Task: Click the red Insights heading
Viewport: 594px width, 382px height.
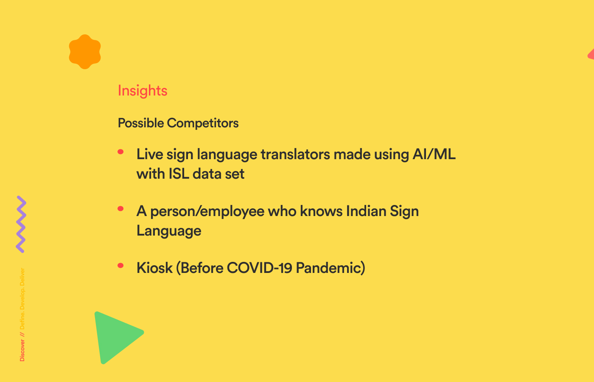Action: (143, 91)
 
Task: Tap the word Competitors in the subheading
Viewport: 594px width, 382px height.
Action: (203, 123)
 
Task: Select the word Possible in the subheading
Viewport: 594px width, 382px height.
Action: (141, 123)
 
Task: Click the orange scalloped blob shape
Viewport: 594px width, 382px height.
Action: (85, 52)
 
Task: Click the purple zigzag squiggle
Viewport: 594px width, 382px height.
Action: (21, 224)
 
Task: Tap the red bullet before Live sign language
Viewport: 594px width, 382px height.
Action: (120, 152)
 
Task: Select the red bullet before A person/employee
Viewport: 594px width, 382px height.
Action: (120, 208)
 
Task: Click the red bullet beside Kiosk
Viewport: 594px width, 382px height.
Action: (120, 266)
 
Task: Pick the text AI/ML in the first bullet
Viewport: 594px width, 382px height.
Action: (434, 154)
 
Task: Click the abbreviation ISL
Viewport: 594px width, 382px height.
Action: (179, 174)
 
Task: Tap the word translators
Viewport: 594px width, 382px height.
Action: (295, 154)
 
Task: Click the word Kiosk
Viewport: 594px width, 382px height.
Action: (154, 268)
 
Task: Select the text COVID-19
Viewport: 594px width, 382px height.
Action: (260, 268)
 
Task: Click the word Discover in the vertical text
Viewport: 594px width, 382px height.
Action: (22, 350)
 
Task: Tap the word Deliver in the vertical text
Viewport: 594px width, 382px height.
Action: (22, 277)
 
